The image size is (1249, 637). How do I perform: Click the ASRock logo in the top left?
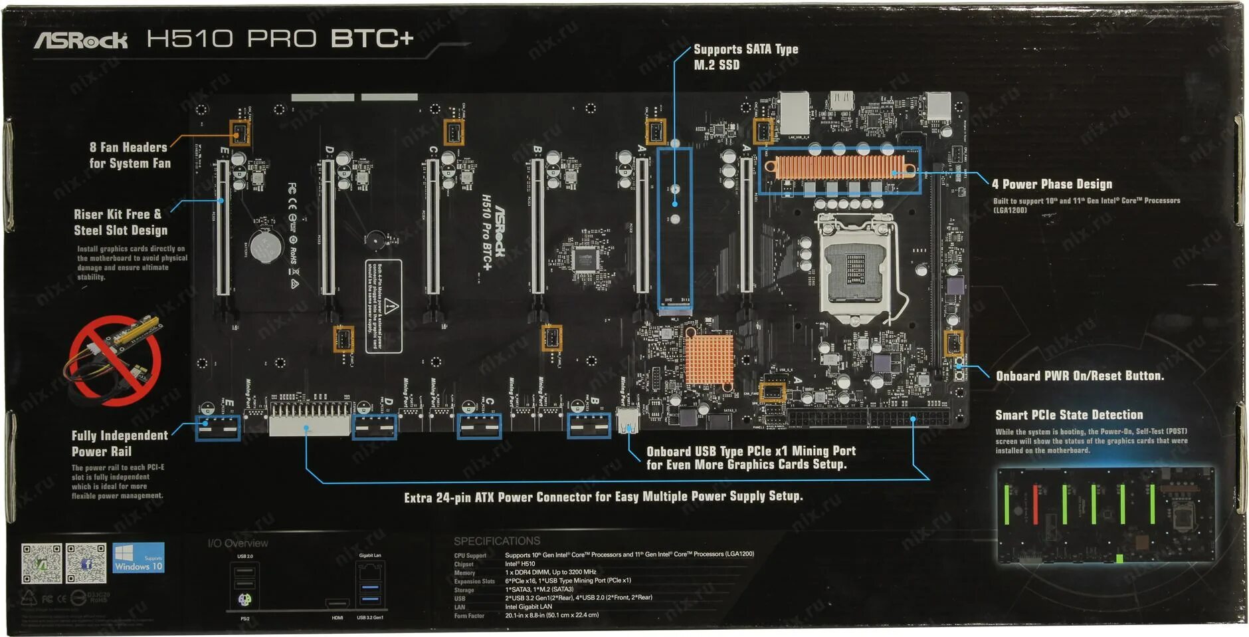(x=81, y=41)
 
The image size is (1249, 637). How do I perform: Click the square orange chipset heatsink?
(x=709, y=360)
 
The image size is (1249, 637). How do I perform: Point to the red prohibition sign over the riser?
(x=115, y=360)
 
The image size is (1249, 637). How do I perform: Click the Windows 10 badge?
(x=138, y=559)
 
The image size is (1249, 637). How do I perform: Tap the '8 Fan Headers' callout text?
(x=130, y=156)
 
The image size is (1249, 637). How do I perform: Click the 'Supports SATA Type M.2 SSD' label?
(x=745, y=57)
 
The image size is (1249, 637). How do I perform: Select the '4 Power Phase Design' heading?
(x=1052, y=184)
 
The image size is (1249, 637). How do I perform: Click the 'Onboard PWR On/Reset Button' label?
(x=1080, y=376)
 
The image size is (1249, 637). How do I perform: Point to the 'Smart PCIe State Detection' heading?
(x=1069, y=415)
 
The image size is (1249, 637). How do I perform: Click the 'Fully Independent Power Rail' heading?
(x=120, y=444)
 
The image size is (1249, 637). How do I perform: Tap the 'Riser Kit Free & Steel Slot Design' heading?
(x=120, y=222)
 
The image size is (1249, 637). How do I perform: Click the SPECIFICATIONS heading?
(x=497, y=541)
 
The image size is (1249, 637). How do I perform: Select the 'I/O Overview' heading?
(x=238, y=543)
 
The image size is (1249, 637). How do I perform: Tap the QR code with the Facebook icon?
(x=86, y=563)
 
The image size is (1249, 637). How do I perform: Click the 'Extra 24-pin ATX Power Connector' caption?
(x=603, y=497)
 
